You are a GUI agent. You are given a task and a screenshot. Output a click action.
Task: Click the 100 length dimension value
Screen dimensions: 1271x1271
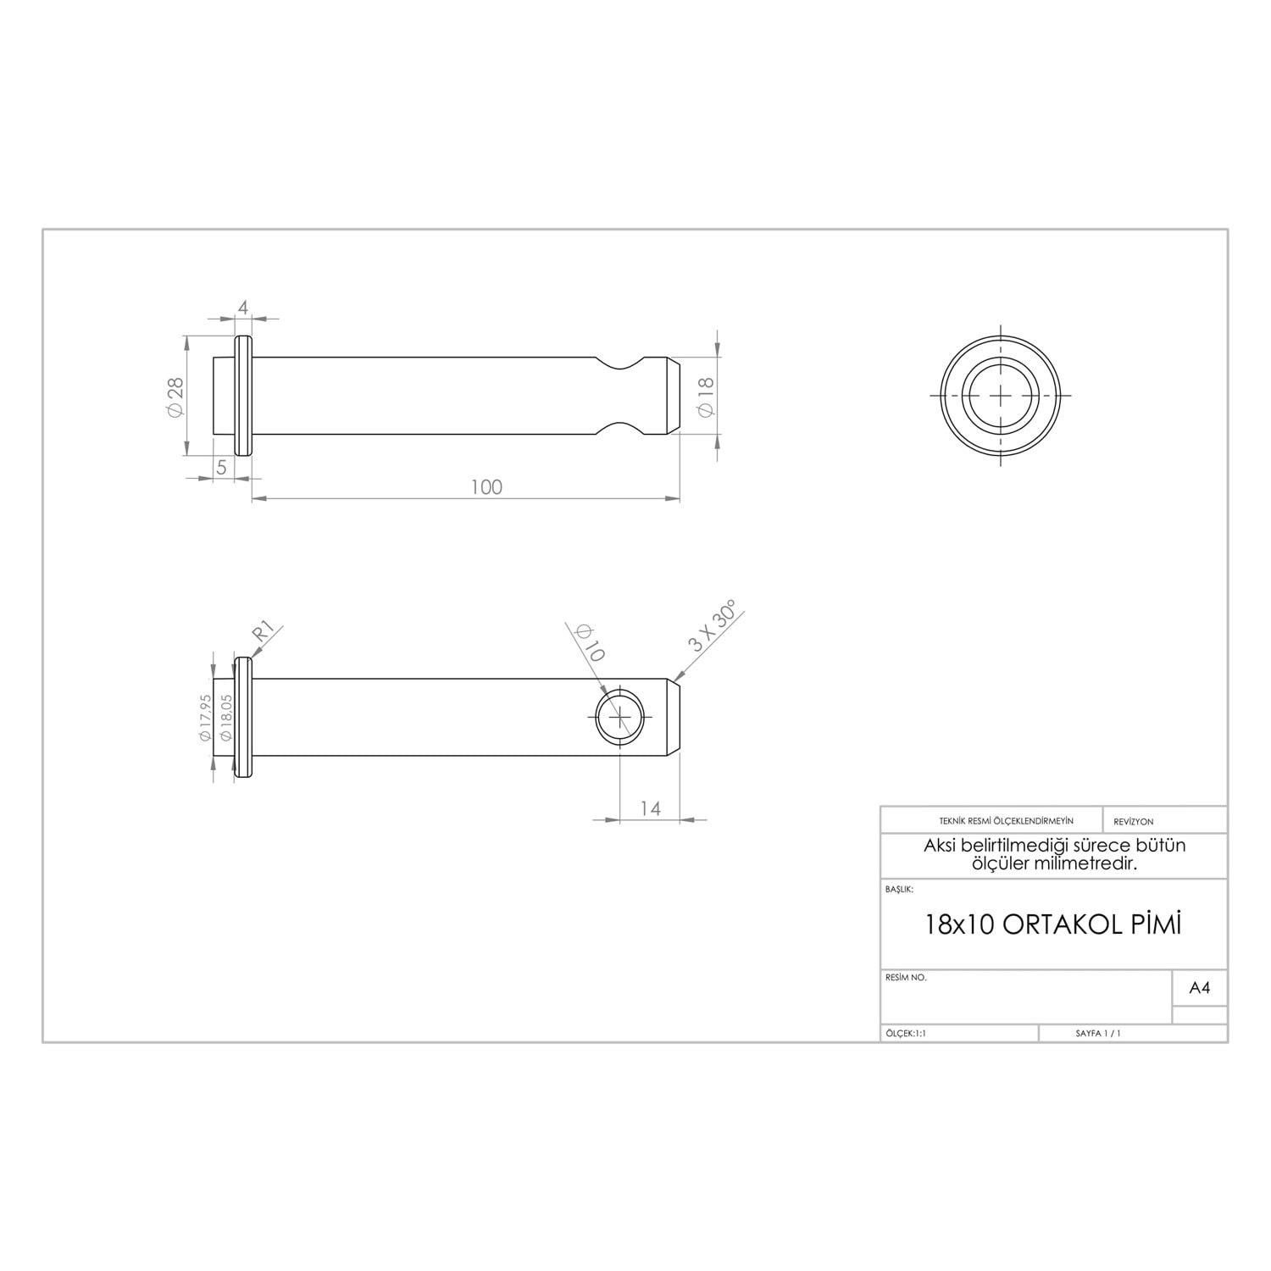click(486, 487)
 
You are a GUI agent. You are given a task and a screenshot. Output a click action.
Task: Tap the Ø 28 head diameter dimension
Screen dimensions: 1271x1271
click(175, 397)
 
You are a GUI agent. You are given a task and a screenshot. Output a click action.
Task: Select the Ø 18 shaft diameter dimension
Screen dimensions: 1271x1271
click(705, 396)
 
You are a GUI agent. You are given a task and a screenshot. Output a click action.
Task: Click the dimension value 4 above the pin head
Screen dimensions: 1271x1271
click(243, 308)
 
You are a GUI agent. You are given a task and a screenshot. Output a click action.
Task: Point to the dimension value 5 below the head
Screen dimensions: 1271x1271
click(221, 467)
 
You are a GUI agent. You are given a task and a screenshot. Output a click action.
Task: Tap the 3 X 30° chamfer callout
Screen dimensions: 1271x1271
click(714, 625)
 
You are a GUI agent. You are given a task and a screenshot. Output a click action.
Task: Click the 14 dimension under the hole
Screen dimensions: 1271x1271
click(650, 808)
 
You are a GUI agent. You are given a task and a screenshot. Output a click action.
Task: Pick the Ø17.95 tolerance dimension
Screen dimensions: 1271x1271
click(205, 719)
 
